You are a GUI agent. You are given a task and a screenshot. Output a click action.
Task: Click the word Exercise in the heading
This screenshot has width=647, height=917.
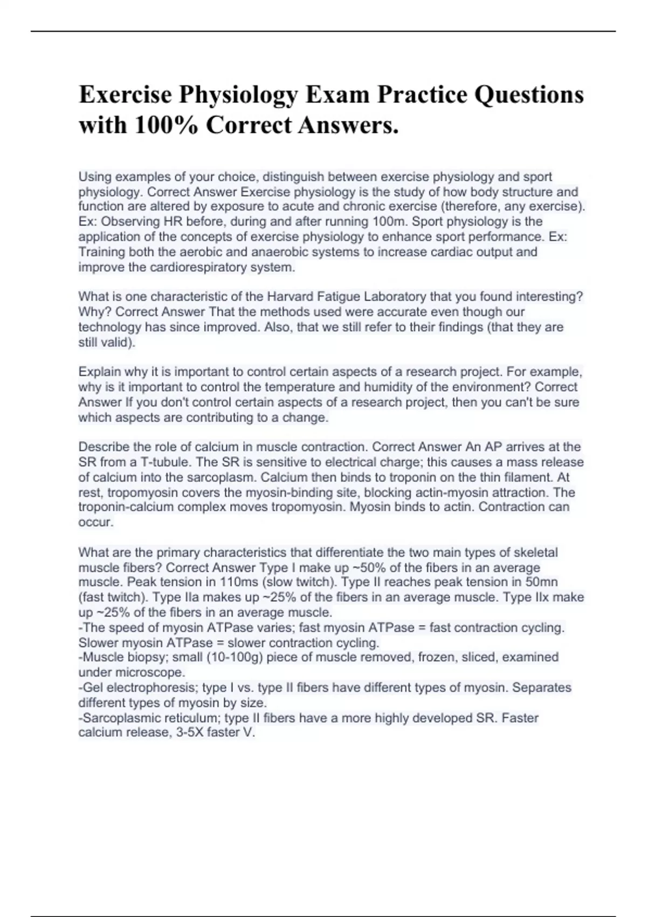click(x=125, y=94)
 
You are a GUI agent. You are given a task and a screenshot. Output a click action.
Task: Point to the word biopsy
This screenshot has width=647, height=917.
click(x=148, y=658)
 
